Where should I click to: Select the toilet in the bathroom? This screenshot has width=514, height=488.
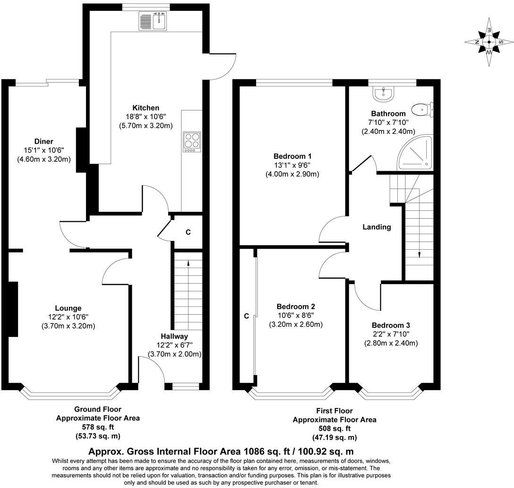tap(422, 110)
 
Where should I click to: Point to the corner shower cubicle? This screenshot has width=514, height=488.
tap(416, 154)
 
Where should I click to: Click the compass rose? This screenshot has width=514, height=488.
tap(489, 42)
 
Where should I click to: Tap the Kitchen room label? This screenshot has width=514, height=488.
tap(146, 108)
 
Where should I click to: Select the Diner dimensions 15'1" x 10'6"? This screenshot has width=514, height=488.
tap(43, 150)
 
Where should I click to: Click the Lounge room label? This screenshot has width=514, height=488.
tap(68, 308)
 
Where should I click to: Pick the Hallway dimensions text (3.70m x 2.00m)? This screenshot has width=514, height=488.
tap(174, 354)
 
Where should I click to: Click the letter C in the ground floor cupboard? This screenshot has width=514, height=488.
tap(188, 232)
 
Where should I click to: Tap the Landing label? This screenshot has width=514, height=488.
tap(377, 227)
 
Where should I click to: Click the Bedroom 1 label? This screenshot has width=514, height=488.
tap(292, 156)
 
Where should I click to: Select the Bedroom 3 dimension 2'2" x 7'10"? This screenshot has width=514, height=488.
tap(390, 334)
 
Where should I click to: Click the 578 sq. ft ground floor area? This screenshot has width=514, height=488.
tap(98, 427)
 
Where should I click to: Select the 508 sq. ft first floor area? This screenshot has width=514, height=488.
tap(334, 429)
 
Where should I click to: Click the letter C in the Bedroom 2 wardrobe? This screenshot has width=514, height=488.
tap(246, 316)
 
